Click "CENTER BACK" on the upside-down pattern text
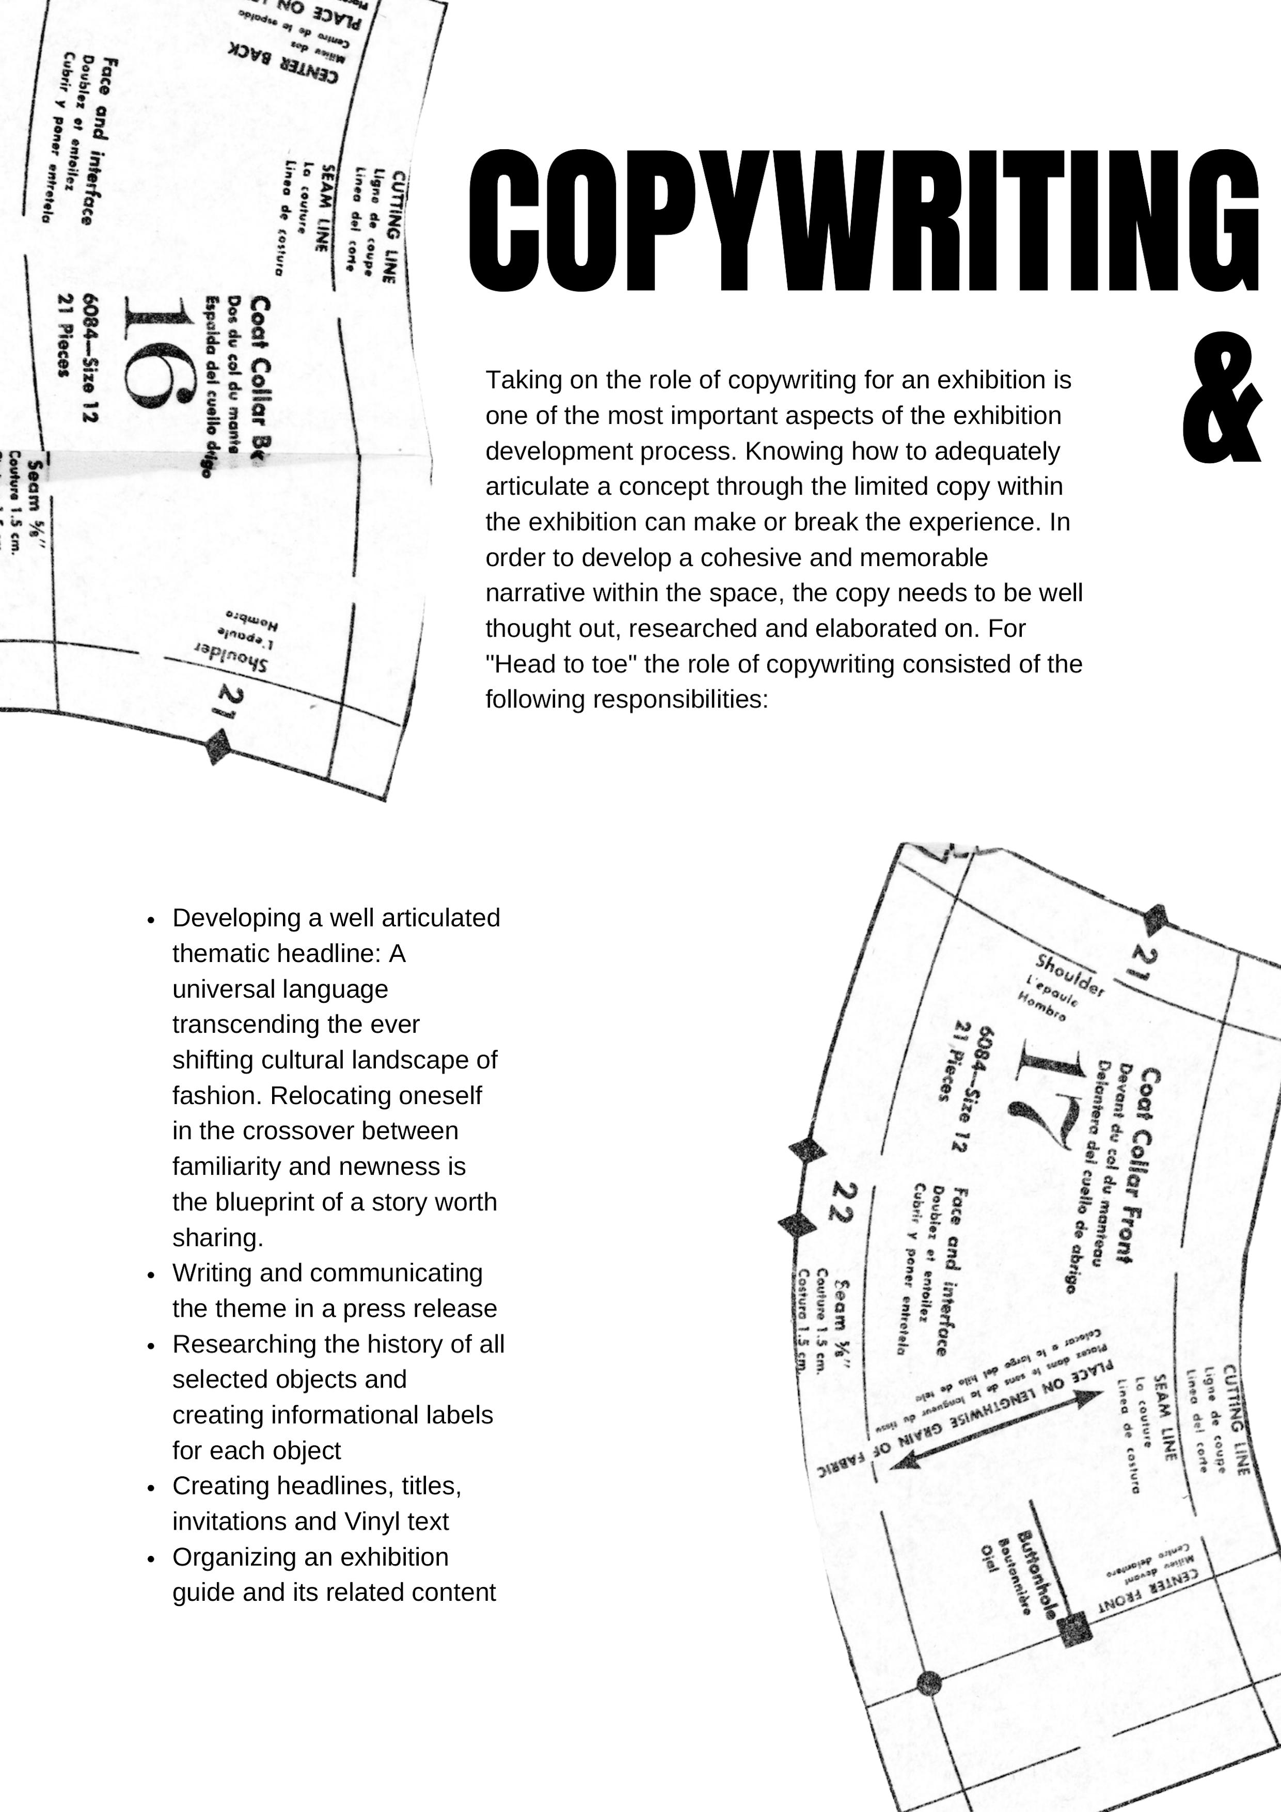point(283,62)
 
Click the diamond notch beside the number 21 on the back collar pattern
point(216,746)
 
